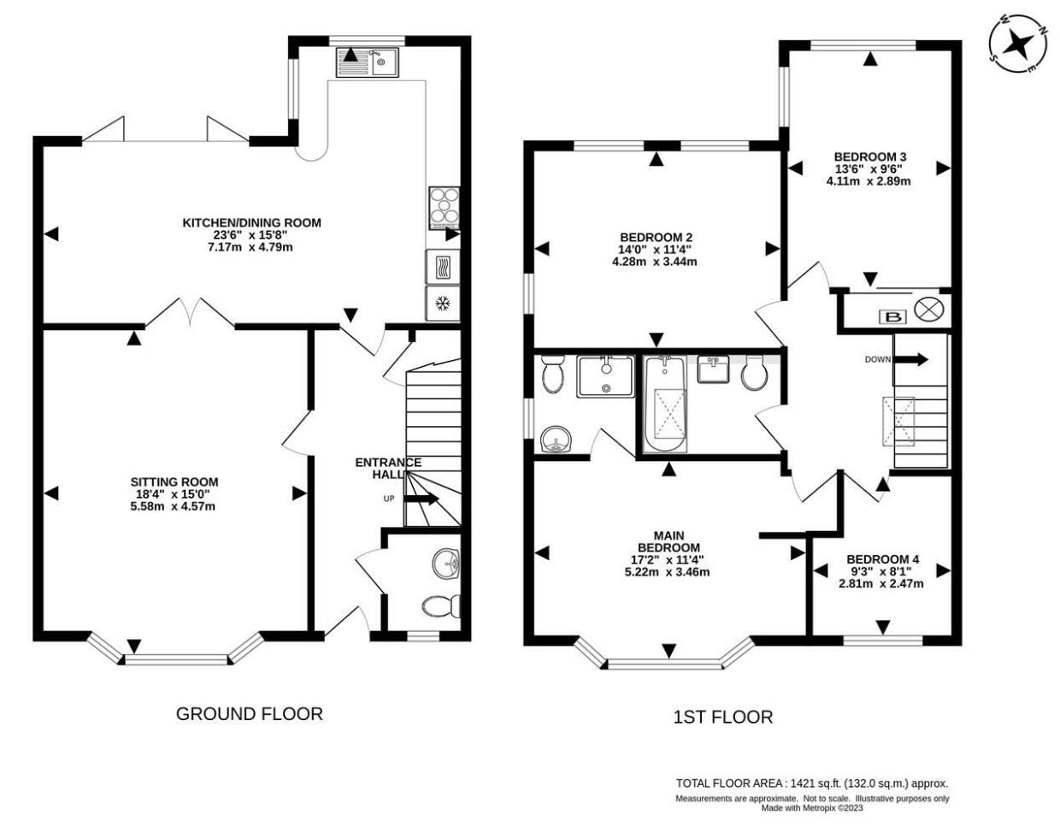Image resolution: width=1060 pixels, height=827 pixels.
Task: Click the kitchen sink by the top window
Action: click(367, 62)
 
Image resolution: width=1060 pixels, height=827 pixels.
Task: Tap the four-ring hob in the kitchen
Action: click(444, 209)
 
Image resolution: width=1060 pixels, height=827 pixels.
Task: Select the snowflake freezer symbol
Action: click(443, 304)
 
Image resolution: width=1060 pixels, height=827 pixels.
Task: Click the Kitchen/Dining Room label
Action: click(251, 223)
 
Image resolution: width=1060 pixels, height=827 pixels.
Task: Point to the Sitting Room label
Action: click(174, 482)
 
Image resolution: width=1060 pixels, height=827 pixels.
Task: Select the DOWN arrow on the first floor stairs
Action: click(910, 359)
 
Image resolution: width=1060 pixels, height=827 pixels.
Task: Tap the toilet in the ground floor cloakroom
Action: click(441, 606)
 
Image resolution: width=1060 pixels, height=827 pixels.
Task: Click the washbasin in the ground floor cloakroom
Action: click(446, 564)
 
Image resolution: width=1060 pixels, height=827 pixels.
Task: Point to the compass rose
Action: click(1017, 50)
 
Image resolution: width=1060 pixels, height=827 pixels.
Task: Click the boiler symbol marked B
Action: click(893, 317)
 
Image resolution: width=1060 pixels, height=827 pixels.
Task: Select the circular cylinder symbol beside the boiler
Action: click(928, 310)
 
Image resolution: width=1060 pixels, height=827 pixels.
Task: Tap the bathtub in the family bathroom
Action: click(665, 404)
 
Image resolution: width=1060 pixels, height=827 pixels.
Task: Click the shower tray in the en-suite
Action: click(606, 376)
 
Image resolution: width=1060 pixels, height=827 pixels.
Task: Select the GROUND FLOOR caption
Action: click(250, 714)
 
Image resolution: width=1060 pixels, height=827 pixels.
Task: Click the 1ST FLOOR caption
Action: click(723, 718)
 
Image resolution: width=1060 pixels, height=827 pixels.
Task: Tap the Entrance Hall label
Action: click(388, 468)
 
